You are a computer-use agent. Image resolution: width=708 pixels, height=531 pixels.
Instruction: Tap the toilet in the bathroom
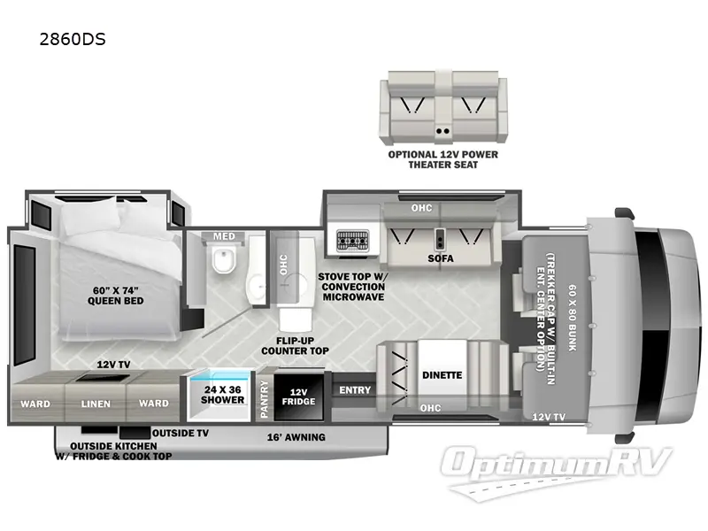[x=222, y=263]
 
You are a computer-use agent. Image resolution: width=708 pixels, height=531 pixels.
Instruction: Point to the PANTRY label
[x=264, y=398]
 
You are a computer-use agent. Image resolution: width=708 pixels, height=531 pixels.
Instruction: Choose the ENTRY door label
[x=354, y=389]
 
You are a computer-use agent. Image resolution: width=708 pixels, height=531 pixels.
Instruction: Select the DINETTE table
[x=442, y=374]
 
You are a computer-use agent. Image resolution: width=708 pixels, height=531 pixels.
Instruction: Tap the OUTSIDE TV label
[x=180, y=433]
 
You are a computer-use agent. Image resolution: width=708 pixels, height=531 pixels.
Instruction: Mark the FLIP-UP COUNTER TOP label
[x=296, y=345]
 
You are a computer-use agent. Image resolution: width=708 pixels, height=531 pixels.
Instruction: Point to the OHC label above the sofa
[x=420, y=209]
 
